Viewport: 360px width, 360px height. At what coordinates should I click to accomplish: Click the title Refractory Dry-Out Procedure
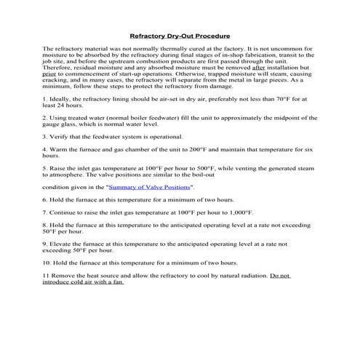(180, 35)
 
